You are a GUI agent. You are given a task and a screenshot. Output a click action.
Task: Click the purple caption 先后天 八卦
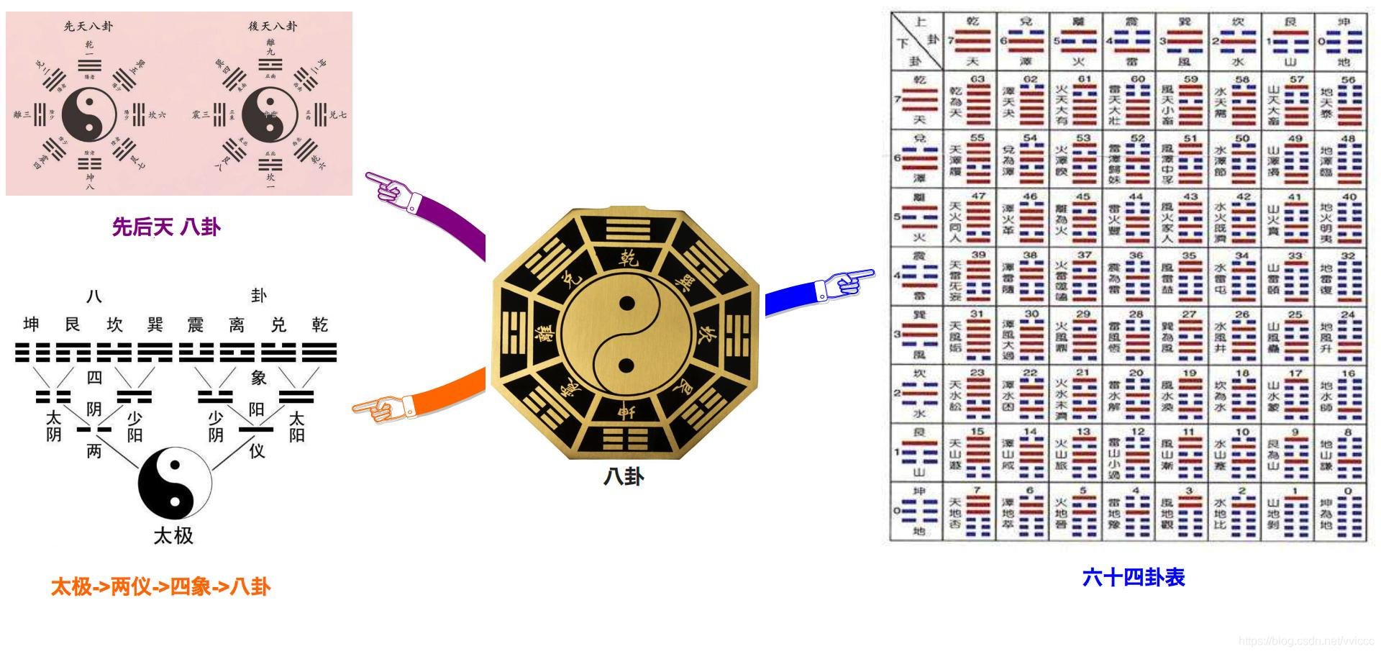165,227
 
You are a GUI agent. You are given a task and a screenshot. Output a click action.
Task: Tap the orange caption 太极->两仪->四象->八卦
160,587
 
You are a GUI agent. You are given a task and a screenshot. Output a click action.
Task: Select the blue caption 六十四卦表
1133,577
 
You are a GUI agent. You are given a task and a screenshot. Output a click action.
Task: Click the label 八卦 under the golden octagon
624,477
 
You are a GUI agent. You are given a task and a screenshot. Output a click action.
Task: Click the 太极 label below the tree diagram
173,535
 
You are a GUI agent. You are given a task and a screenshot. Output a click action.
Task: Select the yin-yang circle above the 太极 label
175,481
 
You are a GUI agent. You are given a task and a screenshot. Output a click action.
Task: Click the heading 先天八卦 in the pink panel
88,27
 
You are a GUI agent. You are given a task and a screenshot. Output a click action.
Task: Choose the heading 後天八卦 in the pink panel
273,27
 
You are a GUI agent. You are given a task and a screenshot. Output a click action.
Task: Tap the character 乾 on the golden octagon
628,258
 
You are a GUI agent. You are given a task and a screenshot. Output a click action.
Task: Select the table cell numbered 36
1129,277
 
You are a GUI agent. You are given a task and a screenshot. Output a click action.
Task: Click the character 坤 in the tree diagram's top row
31,325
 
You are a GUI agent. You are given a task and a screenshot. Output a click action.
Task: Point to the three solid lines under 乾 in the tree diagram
319,353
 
